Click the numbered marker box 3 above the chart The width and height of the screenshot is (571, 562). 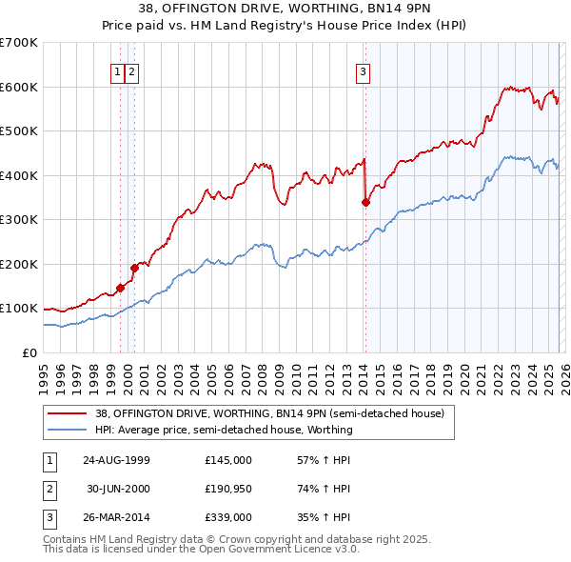pos(364,70)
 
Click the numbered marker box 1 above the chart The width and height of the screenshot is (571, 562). pos(117,70)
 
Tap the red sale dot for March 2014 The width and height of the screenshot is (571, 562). pos(365,202)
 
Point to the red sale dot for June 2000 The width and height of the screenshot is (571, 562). pos(134,268)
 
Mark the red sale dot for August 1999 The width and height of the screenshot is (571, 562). pos(120,288)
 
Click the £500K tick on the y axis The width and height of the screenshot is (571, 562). pos(19,130)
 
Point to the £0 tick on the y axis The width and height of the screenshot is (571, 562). pos(30,352)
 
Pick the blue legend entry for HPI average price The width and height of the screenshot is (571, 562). pos(224,430)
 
